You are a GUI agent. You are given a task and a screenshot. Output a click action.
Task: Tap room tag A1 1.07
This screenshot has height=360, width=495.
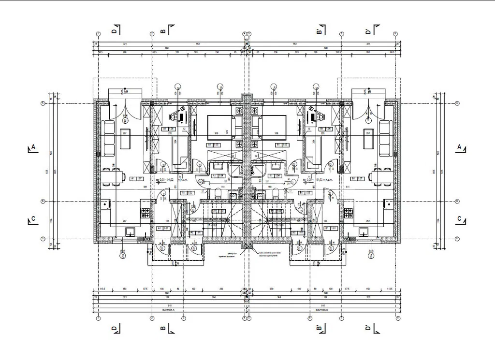pyautogui.click(x=137, y=178)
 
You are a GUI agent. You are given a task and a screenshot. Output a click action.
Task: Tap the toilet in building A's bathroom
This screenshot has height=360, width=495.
pyautogui.click(x=218, y=193)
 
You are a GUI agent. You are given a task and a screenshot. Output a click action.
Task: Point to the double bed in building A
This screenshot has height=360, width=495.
pyautogui.click(x=220, y=128)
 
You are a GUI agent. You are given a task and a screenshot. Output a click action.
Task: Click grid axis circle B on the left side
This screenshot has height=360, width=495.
pyautogui.click(x=43, y=201)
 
